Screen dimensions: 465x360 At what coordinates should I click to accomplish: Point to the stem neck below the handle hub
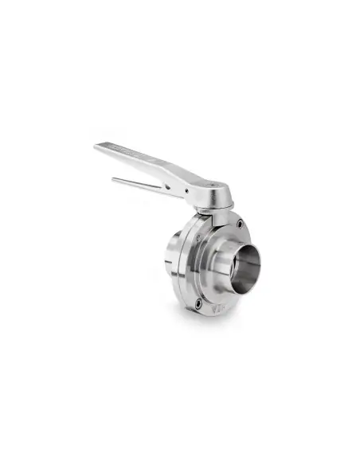point(209,212)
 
